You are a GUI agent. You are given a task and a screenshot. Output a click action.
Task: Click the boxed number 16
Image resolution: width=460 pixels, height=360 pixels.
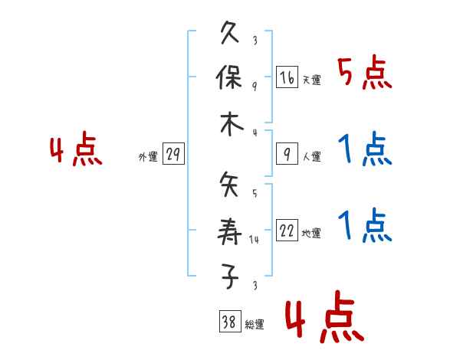[287, 77]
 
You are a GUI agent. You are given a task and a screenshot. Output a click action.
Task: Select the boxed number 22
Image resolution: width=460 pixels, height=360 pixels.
[287, 231]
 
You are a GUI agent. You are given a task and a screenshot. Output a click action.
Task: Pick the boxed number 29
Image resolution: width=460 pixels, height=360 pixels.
[172, 155]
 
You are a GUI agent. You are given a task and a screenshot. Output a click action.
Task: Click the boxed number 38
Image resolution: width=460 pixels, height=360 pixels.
[228, 322]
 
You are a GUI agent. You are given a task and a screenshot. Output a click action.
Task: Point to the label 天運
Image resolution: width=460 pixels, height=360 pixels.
[311, 80]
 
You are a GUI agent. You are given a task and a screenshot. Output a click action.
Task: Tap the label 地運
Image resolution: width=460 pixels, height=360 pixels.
[311, 234]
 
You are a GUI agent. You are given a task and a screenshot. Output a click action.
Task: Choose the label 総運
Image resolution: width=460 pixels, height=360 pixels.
[254, 325]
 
